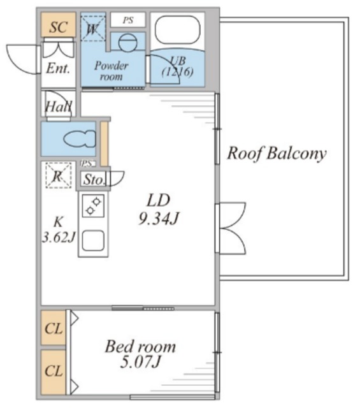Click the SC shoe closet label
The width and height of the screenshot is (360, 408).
(x=59, y=27)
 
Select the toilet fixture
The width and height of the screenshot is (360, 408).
(x=80, y=139)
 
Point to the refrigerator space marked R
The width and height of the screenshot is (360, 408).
(x=59, y=175)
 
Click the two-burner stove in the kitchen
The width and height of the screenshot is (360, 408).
(x=94, y=205)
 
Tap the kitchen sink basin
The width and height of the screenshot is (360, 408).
(x=94, y=240)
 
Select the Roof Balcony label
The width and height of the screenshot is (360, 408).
(x=277, y=153)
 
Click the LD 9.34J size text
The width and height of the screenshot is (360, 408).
(x=159, y=209)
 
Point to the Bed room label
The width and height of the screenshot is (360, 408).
(x=140, y=347)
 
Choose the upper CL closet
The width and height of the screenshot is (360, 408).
(x=54, y=328)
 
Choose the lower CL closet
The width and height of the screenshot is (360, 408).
(x=54, y=372)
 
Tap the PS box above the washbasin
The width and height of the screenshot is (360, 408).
(x=128, y=20)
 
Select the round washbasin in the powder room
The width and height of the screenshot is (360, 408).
(x=127, y=43)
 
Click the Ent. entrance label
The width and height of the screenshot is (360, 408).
(x=58, y=68)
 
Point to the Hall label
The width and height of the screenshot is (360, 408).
(x=58, y=106)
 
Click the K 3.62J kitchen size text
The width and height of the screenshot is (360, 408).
(x=59, y=229)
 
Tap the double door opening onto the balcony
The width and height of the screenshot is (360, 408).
(x=231, y=228)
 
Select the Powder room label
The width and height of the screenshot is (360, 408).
(x=112, y=71)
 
